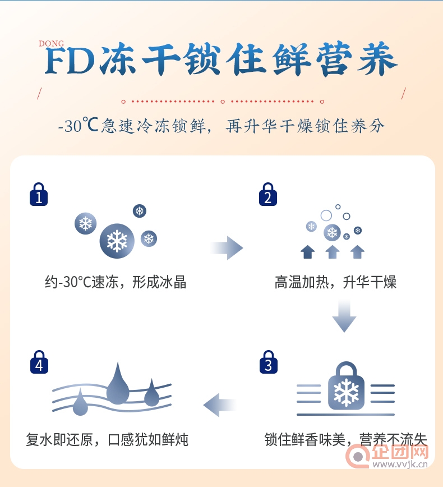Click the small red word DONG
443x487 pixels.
pyautogui.click(x=51, y=44)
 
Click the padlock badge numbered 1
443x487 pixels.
pyautogui.click(x=39, y=194)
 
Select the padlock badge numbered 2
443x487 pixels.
pyautogui.click(x=268, y=194)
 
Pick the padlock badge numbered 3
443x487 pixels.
pyautogui.click(x=269, y=362)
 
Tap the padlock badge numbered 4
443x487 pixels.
pyautogui.click(x=39, y=362)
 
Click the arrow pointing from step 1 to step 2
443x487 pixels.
pyautogui.click(x=227, y=248)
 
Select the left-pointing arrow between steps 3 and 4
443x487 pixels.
pyautogui.click(x=220, y=405)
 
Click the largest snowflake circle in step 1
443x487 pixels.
pyautogui.click(x=117, y=241)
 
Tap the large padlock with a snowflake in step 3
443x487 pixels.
pyautogui.click(x=346, y=386)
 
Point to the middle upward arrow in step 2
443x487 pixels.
pyautogui.click(x=333, y=252)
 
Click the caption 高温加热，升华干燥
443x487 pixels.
pyautogui.click(x=335, y=282)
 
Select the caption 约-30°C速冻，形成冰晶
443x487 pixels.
pyautogui.click(x=116, y=282)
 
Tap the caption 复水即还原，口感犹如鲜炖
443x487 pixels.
pyautogui.click(x=107, y=439)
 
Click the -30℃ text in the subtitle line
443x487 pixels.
pyautogui.click(x=79, y=125)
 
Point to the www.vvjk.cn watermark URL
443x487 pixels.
pyautogui.click(x=400, y=465)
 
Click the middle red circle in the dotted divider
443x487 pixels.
pyautogui.click(x=223, y=102)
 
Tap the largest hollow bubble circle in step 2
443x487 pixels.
pyautogui.click(x=326, y=215)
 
